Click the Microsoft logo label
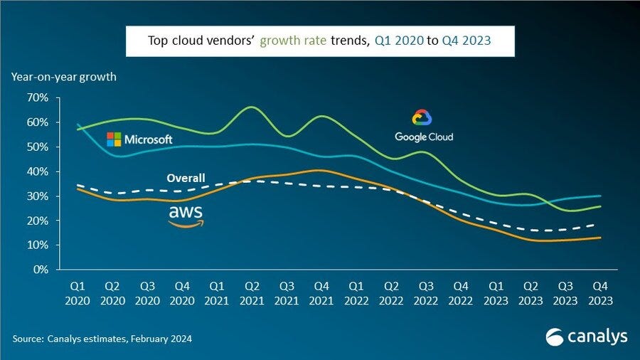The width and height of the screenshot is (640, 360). coord(139,139)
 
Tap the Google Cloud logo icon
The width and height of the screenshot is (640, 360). coord(423,118)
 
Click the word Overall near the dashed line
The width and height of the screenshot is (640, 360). coord(186,178)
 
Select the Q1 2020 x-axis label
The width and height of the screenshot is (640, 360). coord(77,294)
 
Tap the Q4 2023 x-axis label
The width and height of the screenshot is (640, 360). coord(601,294)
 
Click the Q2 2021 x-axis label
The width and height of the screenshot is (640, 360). coord(251,294)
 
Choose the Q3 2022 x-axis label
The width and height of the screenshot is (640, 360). coord(426,294)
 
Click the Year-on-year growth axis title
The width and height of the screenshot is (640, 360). coord(63,76)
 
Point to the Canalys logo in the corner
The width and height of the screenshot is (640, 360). coord(587,336)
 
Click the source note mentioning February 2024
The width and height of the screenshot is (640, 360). coord(101,339)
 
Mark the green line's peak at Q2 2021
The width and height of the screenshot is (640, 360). coord(251,107)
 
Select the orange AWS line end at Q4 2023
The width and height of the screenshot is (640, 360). coord(601,238)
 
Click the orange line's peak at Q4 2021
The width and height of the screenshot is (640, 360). coord(320,170)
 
